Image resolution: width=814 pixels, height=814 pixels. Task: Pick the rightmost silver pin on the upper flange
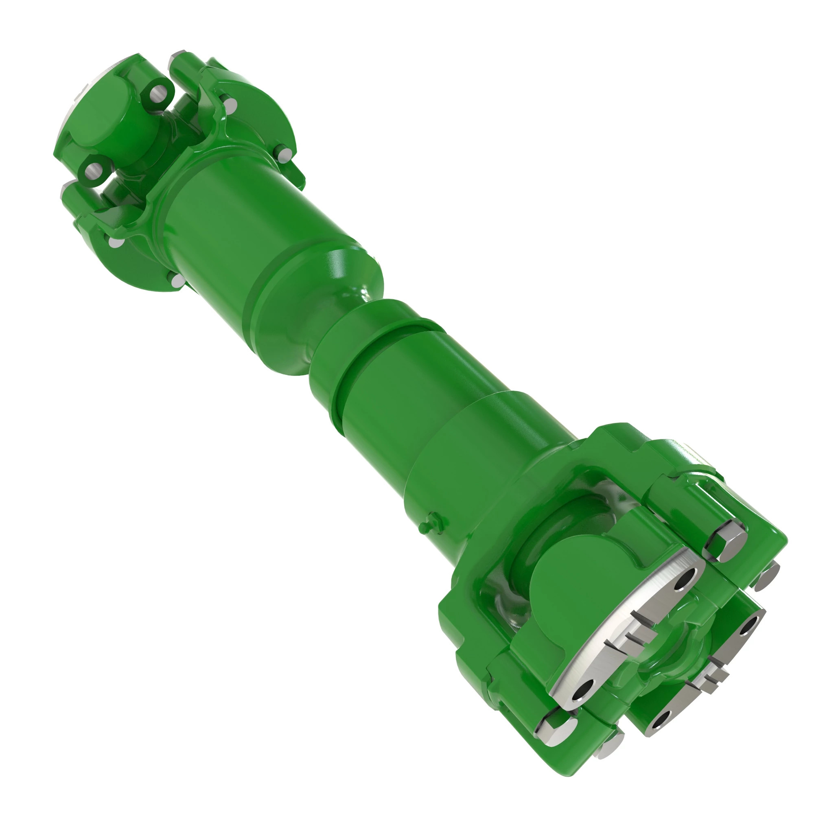click(286, 153)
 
